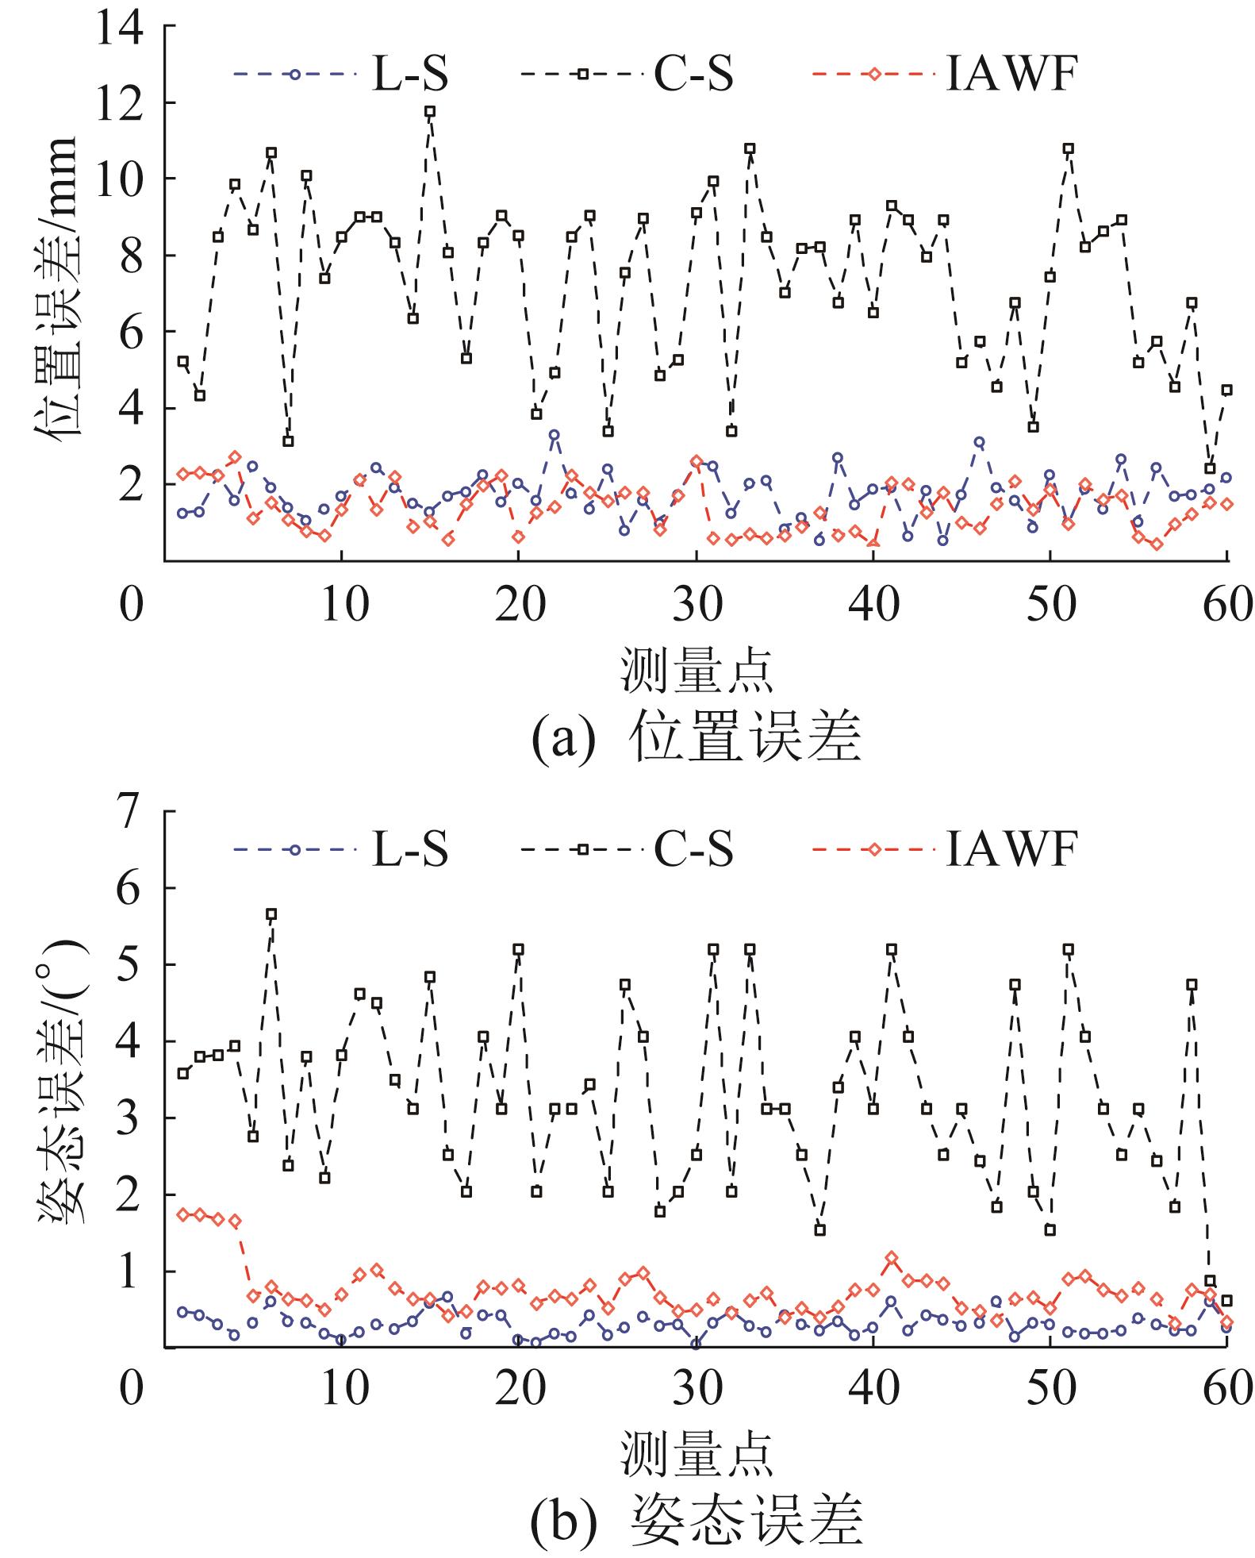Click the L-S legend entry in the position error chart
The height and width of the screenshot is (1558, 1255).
click(341, 74)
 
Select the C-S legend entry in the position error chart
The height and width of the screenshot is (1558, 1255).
click(627, 74)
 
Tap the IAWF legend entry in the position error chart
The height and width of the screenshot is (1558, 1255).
click(944, 74)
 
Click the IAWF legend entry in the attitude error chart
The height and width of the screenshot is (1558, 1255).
click(944, 850)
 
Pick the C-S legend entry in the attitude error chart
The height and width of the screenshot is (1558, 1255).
click(627, 850)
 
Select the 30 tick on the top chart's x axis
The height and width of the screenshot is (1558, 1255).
click(696, 606)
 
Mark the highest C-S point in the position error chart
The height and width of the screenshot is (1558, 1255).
click(430, 112)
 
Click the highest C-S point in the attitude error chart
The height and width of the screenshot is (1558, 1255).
click(271, 914)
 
